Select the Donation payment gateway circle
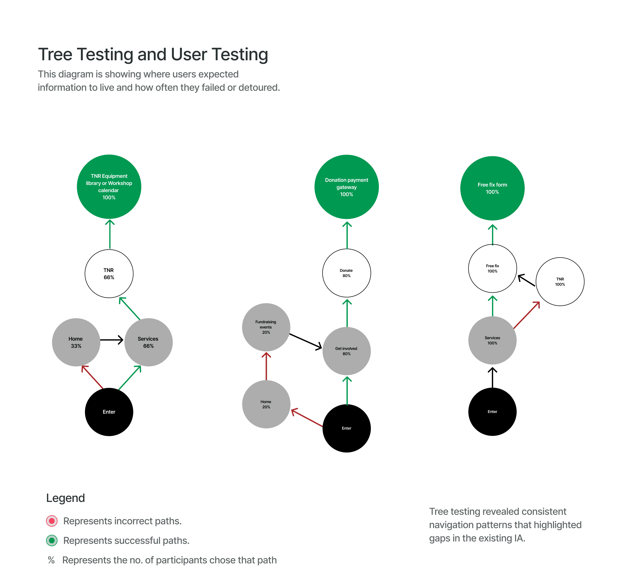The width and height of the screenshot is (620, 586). click(x=346, y=187)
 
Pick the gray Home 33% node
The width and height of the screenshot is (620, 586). click(x=76, y=342)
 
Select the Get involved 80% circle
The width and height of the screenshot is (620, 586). click(x=346, y=351)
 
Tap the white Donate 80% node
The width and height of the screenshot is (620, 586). click(x=346, y=273)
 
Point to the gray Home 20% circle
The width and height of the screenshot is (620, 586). click(x=266, y=404)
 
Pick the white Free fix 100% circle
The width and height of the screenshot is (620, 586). click(x=492, y=268)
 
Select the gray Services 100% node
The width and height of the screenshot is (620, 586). click(x=492, y=340)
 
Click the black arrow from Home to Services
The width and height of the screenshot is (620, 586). click(x=112, y=340)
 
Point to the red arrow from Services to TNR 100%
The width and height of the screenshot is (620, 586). click(x=527, y=315)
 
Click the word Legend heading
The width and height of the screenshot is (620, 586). click(x=65, y=498)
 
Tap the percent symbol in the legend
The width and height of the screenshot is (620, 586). click(x=51, y=560)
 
